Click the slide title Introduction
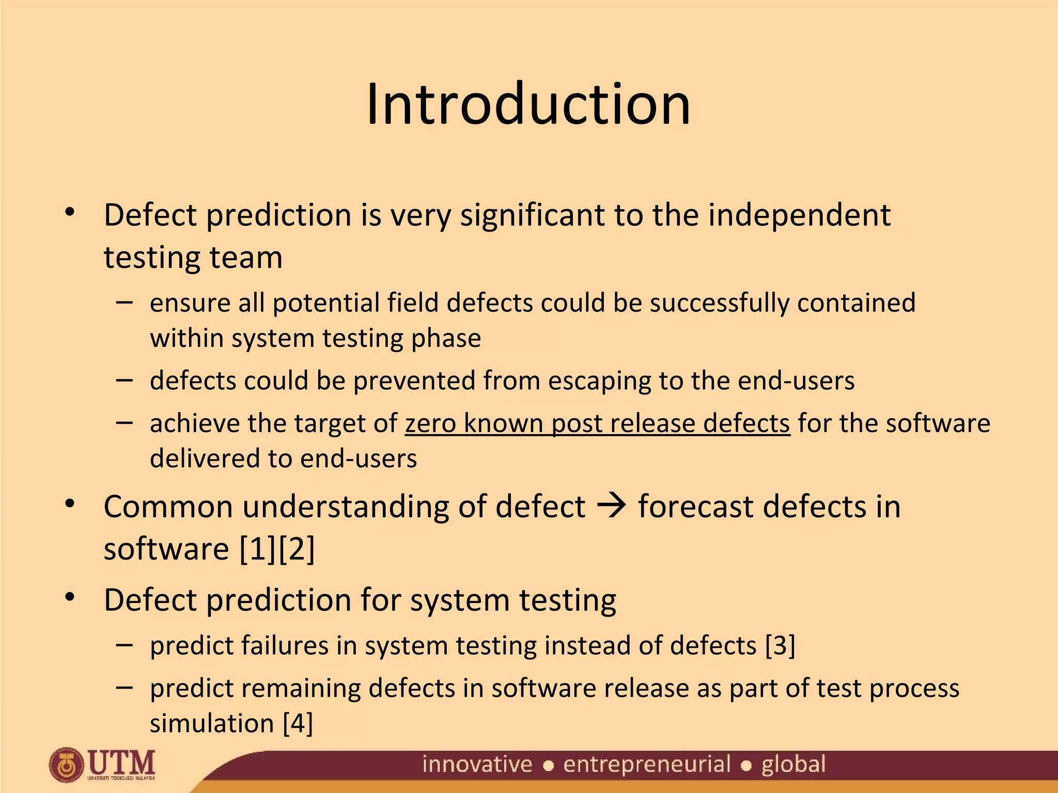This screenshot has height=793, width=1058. (528, 104)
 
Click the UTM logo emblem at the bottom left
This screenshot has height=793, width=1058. (66, 765)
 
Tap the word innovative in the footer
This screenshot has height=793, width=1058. (477, 764)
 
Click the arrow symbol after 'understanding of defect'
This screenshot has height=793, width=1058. (612, 506)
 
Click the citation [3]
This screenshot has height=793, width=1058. (780, 646)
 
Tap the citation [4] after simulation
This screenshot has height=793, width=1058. (298, 723)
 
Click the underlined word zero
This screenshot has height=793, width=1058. (430, 423)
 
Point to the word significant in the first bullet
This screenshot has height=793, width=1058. (532, 215)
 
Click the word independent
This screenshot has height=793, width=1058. (799, 215)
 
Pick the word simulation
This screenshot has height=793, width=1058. (212, 723)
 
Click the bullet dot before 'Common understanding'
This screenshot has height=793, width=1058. (70, 503)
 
